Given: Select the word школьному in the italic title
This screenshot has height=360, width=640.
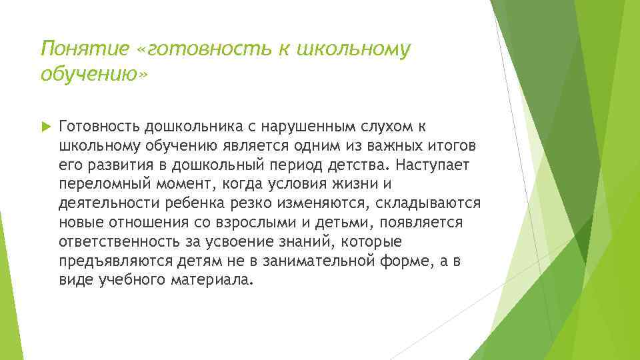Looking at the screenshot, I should click(x=351, y=49).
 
